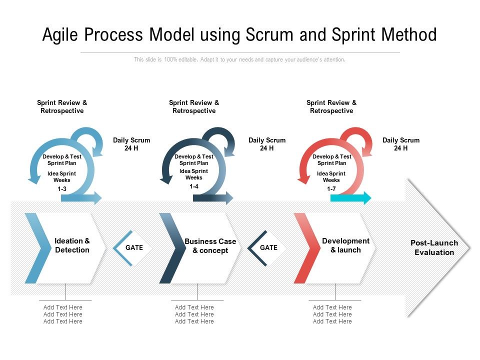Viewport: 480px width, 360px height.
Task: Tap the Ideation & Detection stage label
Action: point(72,245)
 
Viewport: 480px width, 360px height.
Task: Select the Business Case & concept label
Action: point(210,246)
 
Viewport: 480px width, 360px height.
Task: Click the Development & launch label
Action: point(345,245)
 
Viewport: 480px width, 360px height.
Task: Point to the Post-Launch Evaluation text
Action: point(434,247)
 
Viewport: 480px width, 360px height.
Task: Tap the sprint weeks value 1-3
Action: point(62,188)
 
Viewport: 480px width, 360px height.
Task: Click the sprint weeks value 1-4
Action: point(194,186)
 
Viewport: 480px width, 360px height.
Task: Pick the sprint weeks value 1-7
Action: point(331,188)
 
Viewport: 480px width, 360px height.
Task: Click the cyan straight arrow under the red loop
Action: point(351,198)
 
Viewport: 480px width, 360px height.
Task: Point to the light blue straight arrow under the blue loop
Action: point(81,198)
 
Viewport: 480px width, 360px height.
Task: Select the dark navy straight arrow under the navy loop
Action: point(213,198)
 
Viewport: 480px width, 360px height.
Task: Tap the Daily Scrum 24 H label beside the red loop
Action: point(401,144)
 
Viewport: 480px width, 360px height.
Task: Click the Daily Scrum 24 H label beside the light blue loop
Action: point(131,144)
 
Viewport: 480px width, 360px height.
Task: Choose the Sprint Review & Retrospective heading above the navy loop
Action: point(194,106)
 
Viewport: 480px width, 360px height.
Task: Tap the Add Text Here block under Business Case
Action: point(194,314)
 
